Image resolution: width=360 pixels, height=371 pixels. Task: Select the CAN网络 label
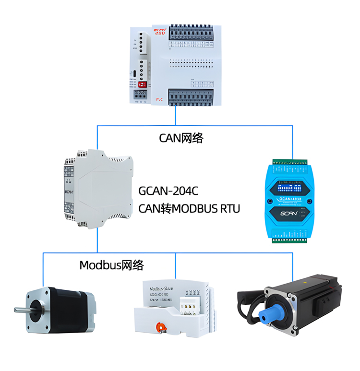pyautogui.click(x=181, y=138)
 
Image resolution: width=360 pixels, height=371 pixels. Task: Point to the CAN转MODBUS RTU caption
pyautogui.click(x=189, y=209)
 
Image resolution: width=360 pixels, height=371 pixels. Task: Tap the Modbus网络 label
pyautogui.click(x=111, y=265)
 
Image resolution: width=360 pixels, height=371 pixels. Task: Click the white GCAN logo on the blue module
pyautogui.click(x=291, y=214)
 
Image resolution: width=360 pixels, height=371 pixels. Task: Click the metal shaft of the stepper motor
pyautogui.click(x=21, y=309)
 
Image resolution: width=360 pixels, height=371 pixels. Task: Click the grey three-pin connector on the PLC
pyautogui.click(x=142, y=43)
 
